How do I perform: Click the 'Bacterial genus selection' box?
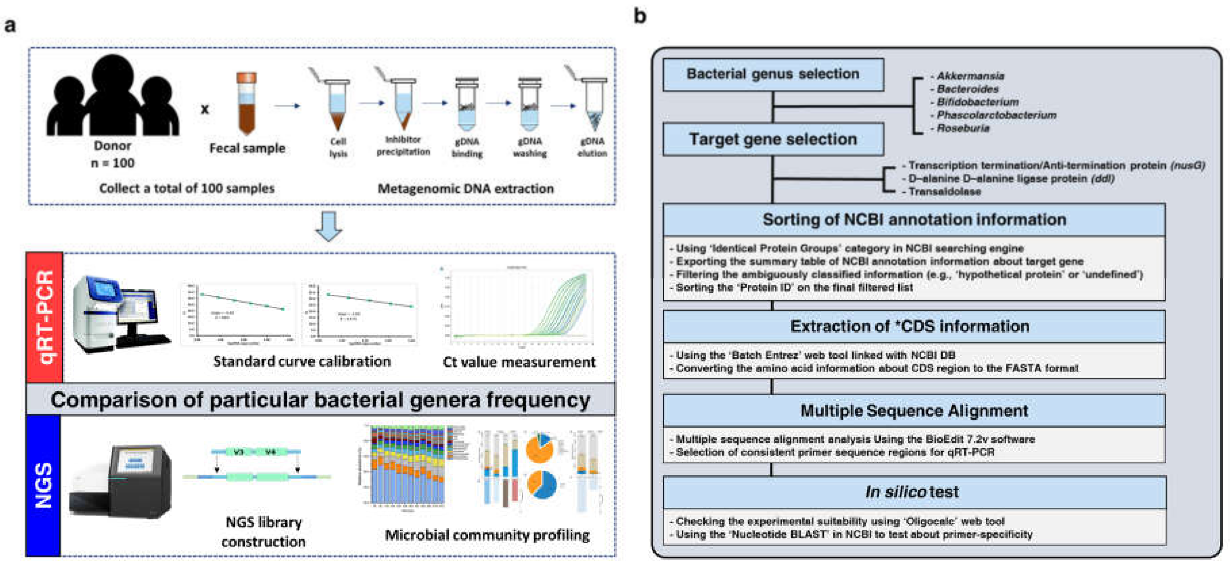click(773, 74)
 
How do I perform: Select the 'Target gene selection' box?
click(773, 139)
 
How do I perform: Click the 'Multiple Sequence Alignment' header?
click(914, 411)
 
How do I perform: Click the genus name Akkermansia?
click(970, 76)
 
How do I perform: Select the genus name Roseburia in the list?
click(963, 128)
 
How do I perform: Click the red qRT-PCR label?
click(44, 317)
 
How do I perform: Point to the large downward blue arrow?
click(329, 226)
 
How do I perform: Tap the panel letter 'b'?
click(640, 17)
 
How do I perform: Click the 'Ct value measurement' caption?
click(519, 362)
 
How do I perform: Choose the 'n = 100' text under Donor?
click(113, 163)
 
